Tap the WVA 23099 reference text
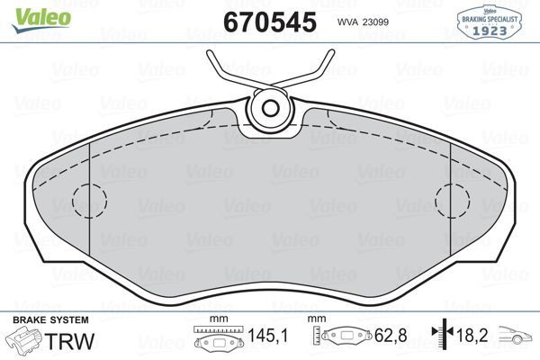[364, 22]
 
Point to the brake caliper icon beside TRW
[24, 340]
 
